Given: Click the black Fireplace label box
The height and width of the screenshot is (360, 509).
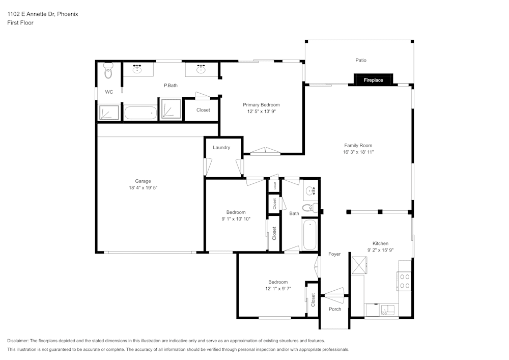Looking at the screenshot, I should (373, 80).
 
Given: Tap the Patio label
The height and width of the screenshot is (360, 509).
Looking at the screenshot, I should (360, 60).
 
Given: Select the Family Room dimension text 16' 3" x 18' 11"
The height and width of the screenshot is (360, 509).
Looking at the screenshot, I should (358, 152).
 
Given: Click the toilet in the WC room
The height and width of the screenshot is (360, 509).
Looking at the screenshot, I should (108, 72).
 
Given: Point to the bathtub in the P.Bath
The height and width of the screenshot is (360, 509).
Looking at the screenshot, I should (140, 113).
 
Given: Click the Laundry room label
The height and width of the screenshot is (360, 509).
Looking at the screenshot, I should (221, 148).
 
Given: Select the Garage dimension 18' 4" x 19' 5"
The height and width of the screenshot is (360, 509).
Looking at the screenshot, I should (143, 188).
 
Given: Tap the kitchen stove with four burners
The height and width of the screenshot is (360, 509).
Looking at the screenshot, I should (405, 281).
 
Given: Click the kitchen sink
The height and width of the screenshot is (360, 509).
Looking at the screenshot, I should (388, 309).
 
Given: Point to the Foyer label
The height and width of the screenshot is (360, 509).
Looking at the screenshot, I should (334, 254).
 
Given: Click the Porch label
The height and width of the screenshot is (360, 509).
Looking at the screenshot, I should (335, 309).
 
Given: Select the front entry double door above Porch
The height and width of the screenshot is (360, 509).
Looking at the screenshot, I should (334, 293).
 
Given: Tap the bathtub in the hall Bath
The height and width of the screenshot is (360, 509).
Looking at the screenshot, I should (309, 235).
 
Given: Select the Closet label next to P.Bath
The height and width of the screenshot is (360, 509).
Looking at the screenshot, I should (203, 110).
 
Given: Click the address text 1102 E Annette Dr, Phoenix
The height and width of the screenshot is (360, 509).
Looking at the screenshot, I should (43, 14).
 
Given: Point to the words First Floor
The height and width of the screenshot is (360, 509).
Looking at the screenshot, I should (20, 23).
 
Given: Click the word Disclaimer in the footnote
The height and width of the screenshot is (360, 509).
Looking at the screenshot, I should (18, 341).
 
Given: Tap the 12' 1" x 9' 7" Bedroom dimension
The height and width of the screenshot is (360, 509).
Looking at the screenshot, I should (278, 289).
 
